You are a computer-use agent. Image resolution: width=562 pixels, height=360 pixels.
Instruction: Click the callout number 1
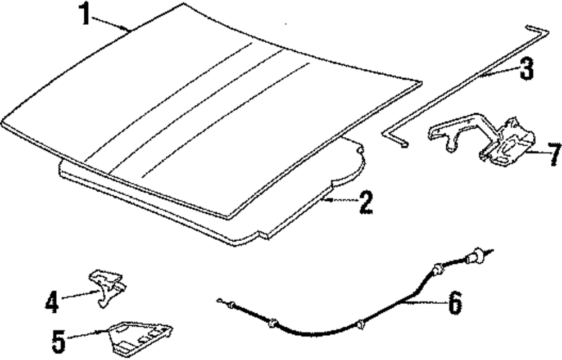[84, 14]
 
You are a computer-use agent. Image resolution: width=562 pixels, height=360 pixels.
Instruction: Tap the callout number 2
[365, 203]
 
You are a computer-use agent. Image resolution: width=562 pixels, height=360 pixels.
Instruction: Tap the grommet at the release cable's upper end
[475, 258]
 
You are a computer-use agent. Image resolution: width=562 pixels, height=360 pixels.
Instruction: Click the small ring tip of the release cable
[219, 300]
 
